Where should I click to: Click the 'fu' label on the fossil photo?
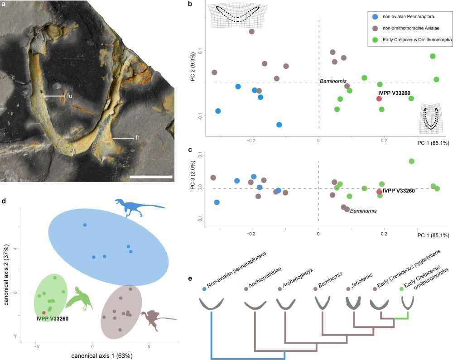[x=69, y=96]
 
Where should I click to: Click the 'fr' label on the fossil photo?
[x=137, y=137]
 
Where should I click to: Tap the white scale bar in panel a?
[x=151, y=176]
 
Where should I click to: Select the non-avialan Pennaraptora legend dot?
[x=375, y=16]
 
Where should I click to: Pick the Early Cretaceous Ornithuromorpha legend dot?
[x=375, y=40]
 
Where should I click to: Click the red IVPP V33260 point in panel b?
[x=379, y=98]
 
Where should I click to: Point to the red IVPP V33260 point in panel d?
[x=44, y=312]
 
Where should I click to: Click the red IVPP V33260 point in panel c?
[x=379, y=192]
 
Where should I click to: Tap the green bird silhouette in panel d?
[x=80, y=298]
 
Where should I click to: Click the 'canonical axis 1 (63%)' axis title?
[x=101, y=355]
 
